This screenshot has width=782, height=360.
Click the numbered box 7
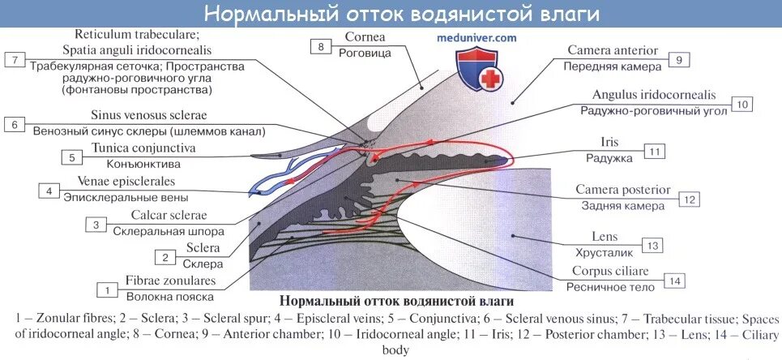15,59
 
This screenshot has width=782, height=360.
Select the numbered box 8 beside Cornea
321,47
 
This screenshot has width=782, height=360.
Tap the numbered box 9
679,59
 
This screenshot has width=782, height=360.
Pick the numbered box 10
741,104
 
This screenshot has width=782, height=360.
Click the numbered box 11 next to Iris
655,151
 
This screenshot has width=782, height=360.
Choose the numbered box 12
690,199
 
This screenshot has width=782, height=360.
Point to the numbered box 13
653,245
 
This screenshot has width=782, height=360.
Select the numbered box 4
49,191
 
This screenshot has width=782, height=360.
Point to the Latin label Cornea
365,37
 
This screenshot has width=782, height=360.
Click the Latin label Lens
605,237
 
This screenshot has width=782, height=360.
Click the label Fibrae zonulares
170,281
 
